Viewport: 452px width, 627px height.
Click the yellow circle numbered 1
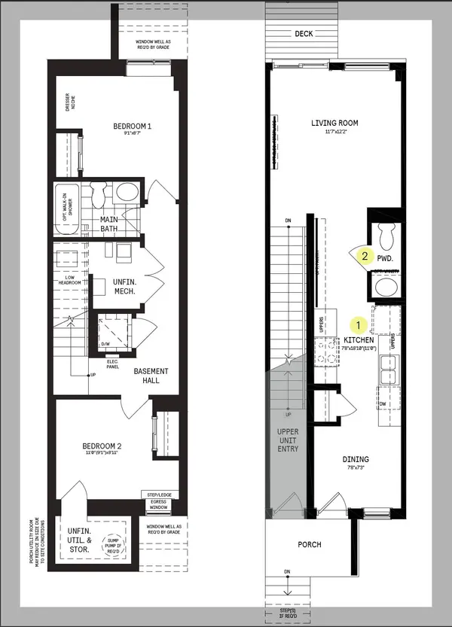[359, 324]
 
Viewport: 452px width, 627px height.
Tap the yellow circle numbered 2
[365, 256]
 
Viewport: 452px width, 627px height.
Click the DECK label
[304, 34]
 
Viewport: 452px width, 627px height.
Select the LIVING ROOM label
[334, 123]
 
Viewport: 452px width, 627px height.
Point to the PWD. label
[386, 257]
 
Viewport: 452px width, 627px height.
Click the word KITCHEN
[359, 340]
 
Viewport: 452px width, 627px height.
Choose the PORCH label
[310, 544]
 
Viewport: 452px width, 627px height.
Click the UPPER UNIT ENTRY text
[288, 439]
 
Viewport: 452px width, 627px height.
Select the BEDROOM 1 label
[133, 126]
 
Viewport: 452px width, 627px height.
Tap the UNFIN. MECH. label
[124, 286]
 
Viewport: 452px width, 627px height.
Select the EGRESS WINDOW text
[156, 504]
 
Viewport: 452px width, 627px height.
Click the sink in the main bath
[125, 192]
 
